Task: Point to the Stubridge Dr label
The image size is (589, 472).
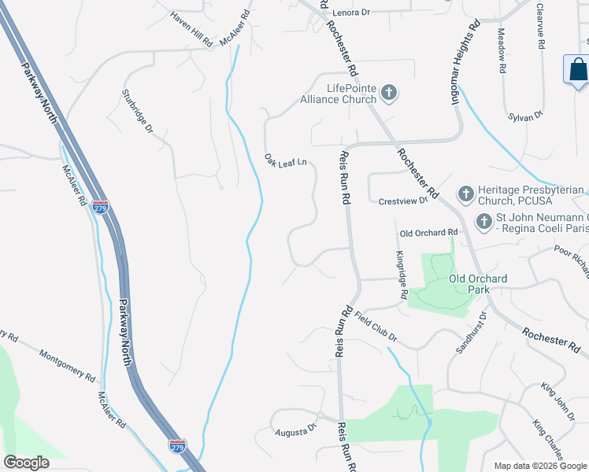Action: (135, 111)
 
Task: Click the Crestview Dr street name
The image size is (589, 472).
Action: (402, 201)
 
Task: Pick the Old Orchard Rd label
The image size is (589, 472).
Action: (428, 233)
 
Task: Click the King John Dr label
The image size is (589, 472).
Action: (558, 398)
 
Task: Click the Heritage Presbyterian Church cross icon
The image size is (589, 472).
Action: (465, 194)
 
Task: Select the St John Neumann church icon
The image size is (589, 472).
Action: (483, 223)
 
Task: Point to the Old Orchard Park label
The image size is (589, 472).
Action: (478, 284)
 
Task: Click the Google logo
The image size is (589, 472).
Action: (27, 463)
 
